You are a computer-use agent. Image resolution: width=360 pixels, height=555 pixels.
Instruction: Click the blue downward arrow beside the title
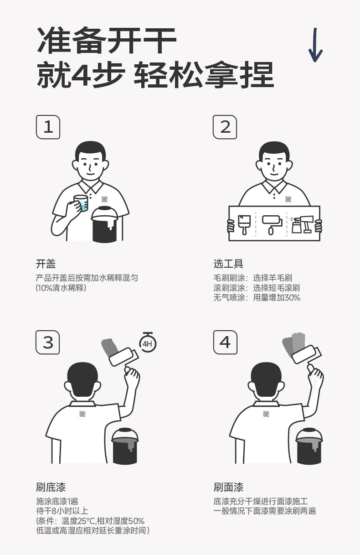click(315, 45)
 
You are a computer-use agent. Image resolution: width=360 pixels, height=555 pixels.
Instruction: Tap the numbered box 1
click(48, 127)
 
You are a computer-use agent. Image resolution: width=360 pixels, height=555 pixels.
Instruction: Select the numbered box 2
click(225, 127)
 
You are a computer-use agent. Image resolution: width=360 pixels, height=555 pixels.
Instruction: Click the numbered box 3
click(48, 342)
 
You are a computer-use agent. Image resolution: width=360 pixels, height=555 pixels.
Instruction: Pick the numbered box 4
click(225, 342)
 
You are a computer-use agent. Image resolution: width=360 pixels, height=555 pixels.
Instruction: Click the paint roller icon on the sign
click(272, 225)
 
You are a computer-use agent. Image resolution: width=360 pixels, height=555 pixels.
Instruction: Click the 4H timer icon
click(148, 342)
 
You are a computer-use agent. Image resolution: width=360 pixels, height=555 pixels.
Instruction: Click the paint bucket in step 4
click(309, 446)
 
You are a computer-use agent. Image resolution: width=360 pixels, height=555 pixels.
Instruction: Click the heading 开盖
click(46, 264)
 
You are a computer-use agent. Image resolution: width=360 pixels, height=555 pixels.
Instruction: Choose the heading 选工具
click(228, 264)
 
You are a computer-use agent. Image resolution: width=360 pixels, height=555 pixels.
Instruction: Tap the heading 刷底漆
click(51, 488)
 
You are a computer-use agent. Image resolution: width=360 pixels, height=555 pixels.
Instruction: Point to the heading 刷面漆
click(228, 488)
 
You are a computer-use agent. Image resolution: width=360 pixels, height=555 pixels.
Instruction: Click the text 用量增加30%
click(277, 298)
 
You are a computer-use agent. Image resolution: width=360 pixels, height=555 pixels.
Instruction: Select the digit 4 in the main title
click(81, 74)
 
